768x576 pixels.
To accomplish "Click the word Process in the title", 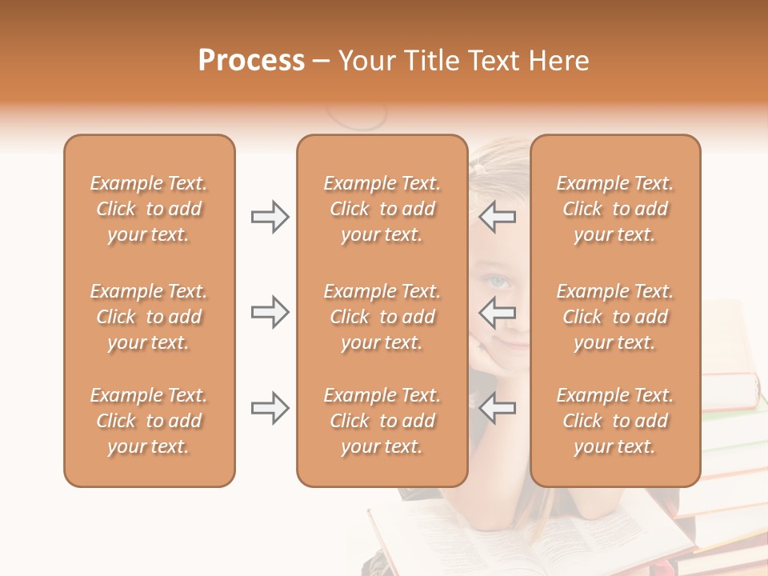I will point(251,61).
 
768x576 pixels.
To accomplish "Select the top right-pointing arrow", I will point(270,217).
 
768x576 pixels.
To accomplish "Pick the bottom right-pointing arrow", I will point(270,408).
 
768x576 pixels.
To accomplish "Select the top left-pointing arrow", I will point(498,217).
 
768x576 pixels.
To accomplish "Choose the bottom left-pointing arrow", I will point(498,408).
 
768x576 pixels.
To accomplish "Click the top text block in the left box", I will point(149,209).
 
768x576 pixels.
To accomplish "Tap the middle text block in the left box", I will point(149,317).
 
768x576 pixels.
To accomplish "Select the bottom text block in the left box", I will point(149,421).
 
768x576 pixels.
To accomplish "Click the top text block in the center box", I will point(382,209).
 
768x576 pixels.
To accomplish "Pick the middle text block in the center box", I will point(382,317).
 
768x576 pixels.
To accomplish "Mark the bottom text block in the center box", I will point(382,421).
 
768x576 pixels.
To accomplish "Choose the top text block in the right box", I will point(615,209).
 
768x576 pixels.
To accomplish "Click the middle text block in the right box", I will point(615,317).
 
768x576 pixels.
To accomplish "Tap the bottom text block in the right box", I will point(615,421).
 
